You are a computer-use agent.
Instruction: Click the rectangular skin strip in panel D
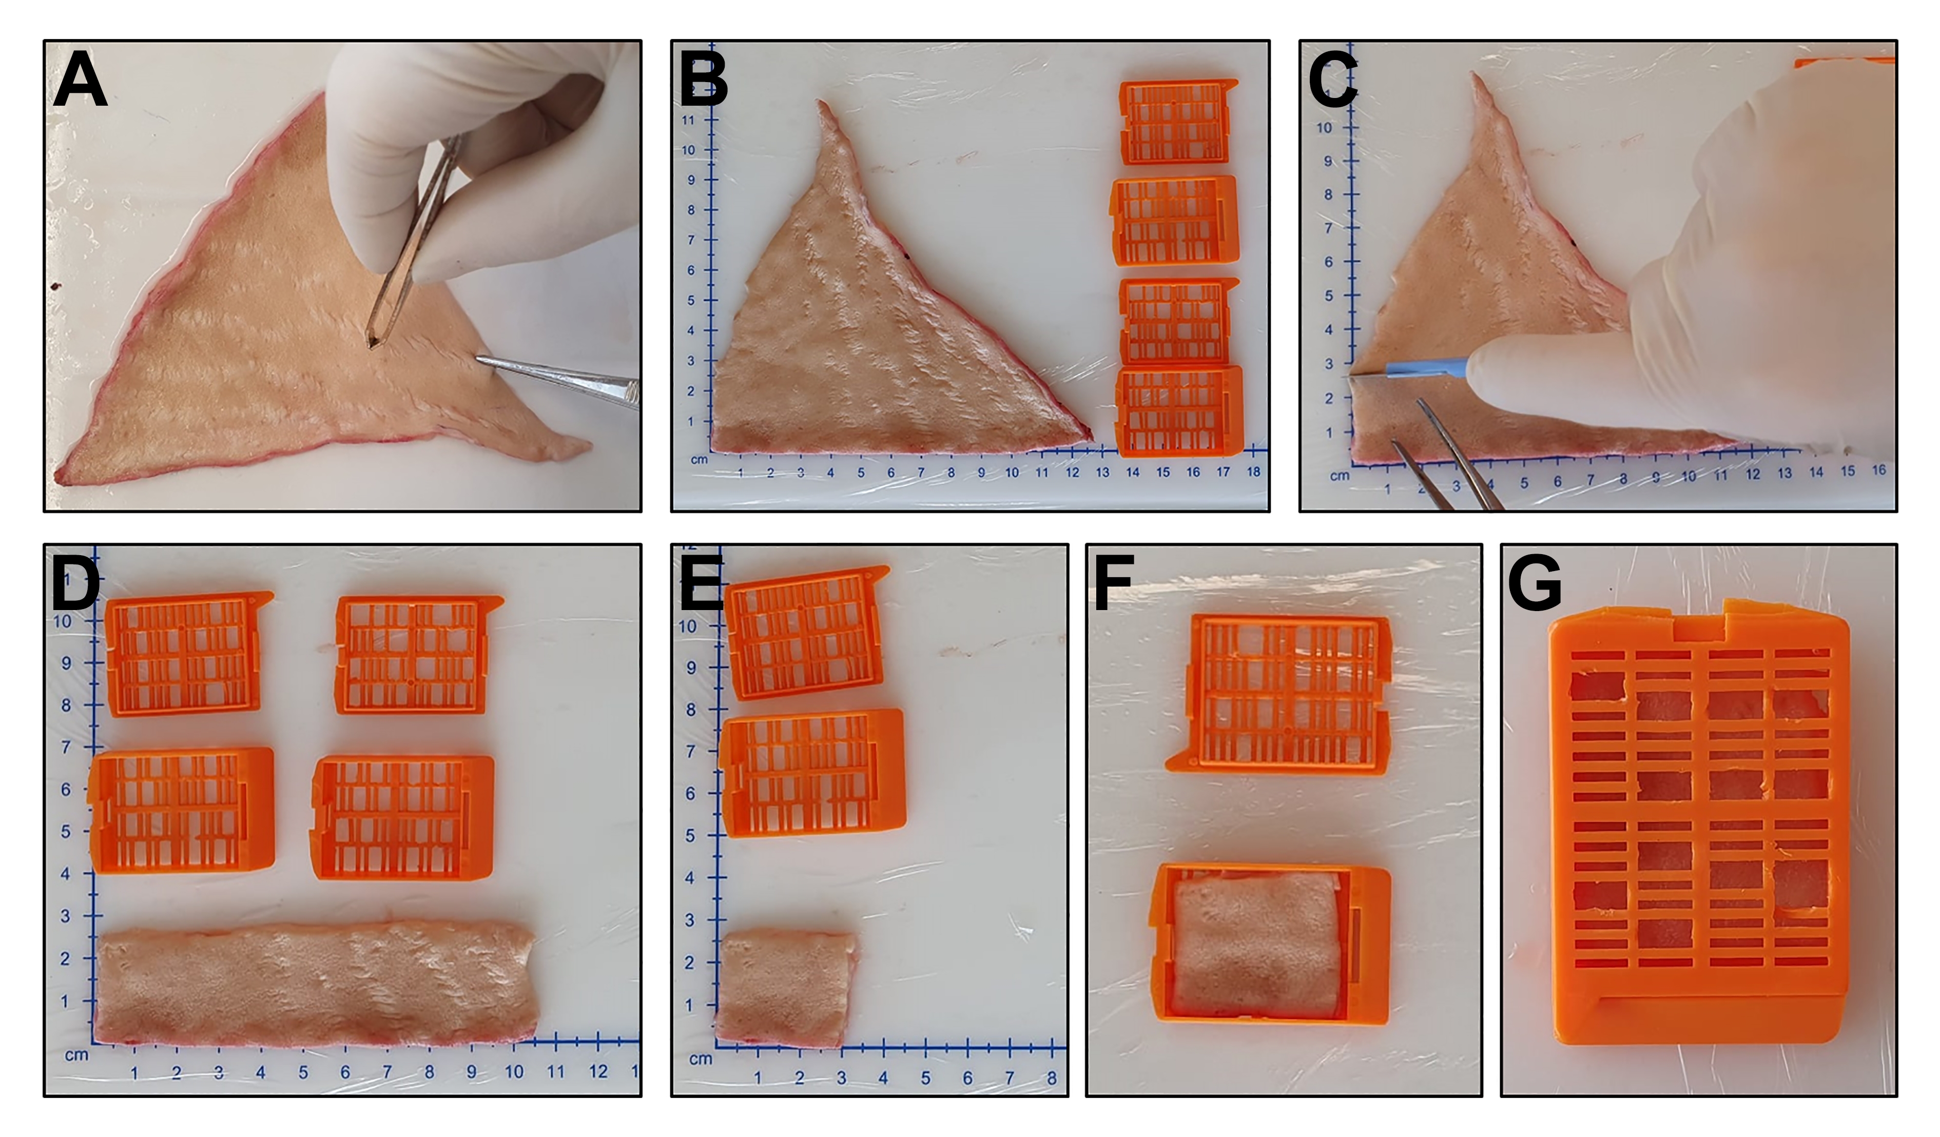click(316, 983)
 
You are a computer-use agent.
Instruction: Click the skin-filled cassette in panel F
click(1271, 944)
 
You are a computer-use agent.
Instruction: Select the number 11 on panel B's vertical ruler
click(688, 120)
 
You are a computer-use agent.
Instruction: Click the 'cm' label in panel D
click(76, 1054)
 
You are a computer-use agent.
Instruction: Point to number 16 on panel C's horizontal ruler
click(1879, 469)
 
